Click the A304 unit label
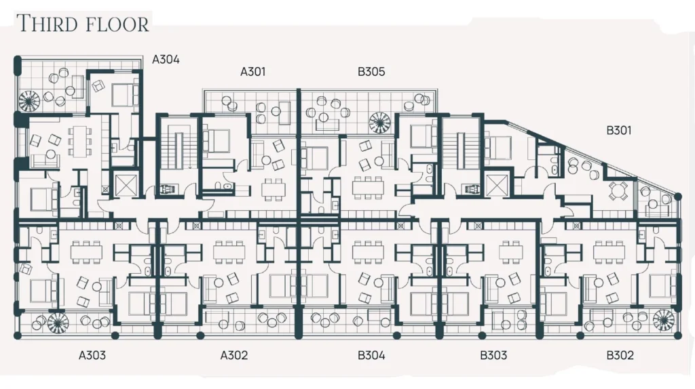(x=166, y=60)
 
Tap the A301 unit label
(x=252, y=72)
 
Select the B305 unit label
(x=371, y=72)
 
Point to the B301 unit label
(x=619, y=131)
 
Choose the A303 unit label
(x=92, y=355)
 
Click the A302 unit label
(x=234, y=355)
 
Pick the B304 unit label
(x=371, y=355)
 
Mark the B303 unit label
(x=493, y=355)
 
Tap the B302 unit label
(x=620, y=355)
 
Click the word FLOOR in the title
(x=117, y=24)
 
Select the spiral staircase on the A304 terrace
(x=29, y=102)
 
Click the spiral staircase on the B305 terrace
(x=380, y=122)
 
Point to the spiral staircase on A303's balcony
(x=58, y=323)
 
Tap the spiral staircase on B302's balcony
(x=664, y=321)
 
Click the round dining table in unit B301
(x=618, y=190)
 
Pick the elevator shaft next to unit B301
(x=495, y=185)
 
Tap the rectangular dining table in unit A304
(x=80, y=141)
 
